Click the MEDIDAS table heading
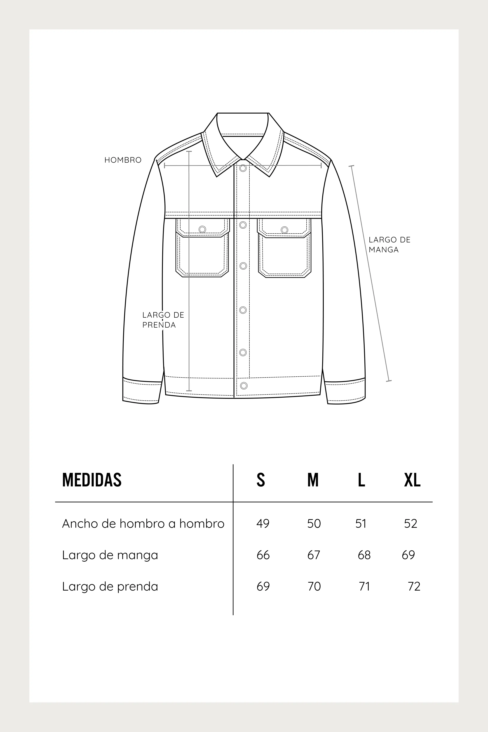pyautogui.click(x=92, y=480)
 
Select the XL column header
pyautogui.click(x=412, y=480)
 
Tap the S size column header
pyautogui.click(x=261, y=480)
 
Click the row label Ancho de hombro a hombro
pyautogui.click(x=143, y=524)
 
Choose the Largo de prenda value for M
pyautogui.click(x=314, y=586)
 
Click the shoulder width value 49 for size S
pyautogui.click(x=263, y=524)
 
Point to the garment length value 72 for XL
pyautogui.click(x=414, y=586)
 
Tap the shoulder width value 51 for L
pyautogui.click(x=361, y=524)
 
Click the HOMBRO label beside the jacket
pyautogui.click(x=123, y=160)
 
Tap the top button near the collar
pyautogui.click(x=243, y=168)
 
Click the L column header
pyautogui.click(x=361, y=480)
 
